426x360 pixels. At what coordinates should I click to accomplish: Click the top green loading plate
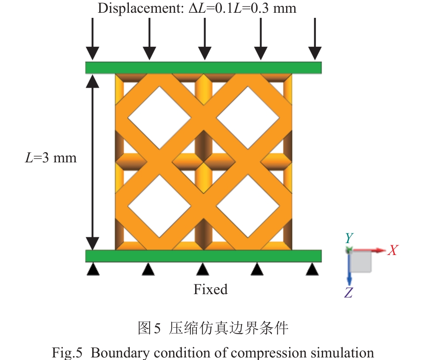click(203, 68)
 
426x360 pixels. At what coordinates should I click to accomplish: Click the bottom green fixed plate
click(203, 256)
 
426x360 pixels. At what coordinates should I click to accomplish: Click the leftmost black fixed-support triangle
click(93, 269)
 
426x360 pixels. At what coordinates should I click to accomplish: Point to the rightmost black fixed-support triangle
click(313, 269)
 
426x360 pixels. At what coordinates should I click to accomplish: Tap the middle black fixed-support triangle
click(203, 269)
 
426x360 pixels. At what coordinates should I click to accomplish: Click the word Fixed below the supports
click(210, 289)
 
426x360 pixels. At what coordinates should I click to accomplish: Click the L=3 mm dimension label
click(50, 158)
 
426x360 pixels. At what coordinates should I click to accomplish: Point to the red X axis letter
click(392, 251)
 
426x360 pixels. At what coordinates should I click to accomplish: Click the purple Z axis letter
click(349, 293)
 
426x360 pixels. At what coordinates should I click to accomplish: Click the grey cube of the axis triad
click(361, 261)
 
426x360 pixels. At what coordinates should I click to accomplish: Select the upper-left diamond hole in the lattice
click(159, 118)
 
